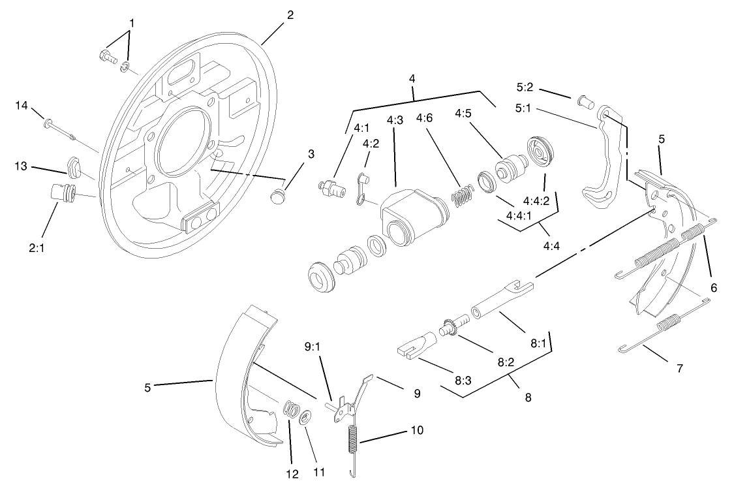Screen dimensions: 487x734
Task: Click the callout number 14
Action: coord(21,105)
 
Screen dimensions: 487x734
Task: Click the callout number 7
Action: coord(679,368)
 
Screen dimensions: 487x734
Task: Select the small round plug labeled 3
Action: coord(279,195)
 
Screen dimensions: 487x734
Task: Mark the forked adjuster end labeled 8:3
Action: coord(418,345)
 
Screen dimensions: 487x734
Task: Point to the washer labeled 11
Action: coord(305,416)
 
